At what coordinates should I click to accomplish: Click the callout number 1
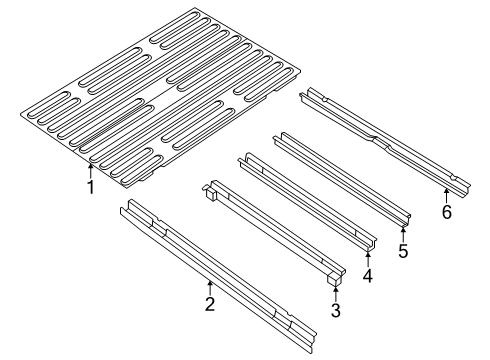(x=90, y=187)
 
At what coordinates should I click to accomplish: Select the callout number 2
(x=210, y=304)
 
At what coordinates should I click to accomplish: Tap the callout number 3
(x=336, y=310)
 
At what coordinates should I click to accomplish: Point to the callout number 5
(x=404, y=251)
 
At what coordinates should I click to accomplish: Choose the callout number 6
(x=447, y=211)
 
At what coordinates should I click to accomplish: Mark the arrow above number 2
(x=210, y=288)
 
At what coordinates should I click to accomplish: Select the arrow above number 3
(x=336, y=294)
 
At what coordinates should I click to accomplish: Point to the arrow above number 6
(x=447, y=194)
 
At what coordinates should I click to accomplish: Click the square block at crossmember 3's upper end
(x=210, y=192)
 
